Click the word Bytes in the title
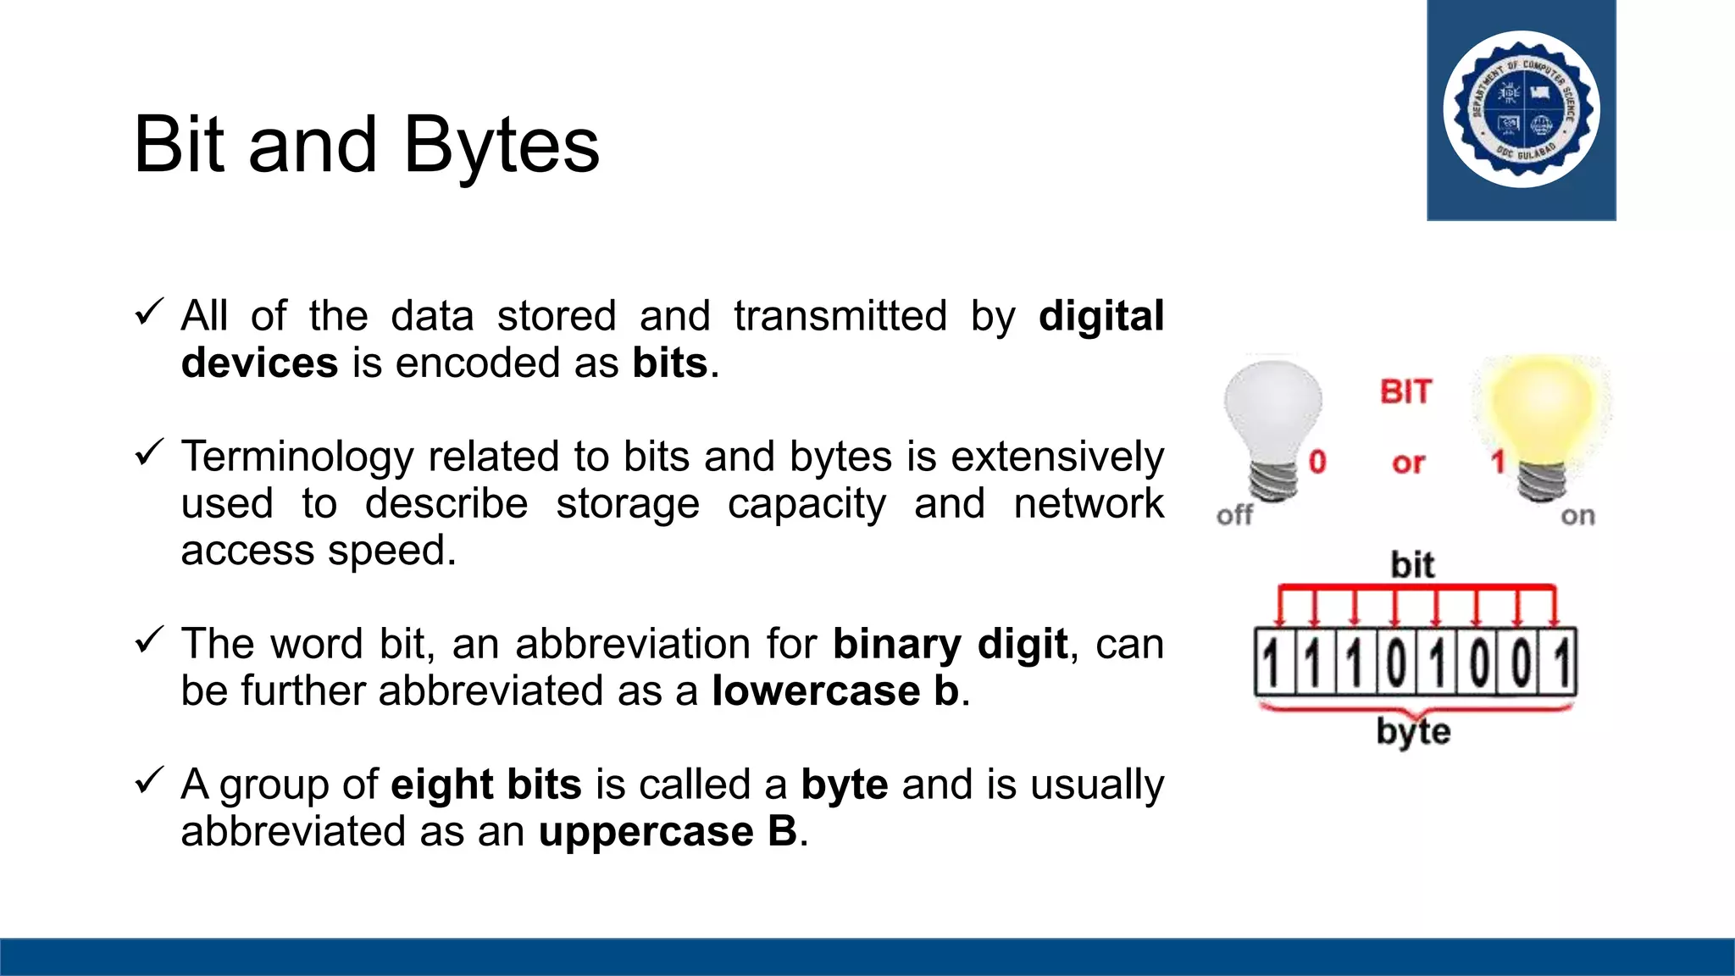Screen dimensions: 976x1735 pyautogui.click(x=502, y=146)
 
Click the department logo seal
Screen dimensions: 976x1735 pyautogui.click(x=1522, y=110)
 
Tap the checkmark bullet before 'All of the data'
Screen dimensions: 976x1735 pyautogui.click(x=148, y=313)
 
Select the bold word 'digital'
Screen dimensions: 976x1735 pyautogui.click(x=1100, y=317)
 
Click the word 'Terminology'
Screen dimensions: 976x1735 pyautogui.click(x=297, y=457)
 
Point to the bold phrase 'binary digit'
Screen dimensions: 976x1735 pyautogui.click(x=949, y=644)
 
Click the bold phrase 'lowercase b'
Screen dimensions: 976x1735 pyautogui.click(x=835, y=691)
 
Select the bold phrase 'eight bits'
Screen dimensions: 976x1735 pyautogui.click(x=486, y=785)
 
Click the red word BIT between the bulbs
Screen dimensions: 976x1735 pyautogui.click(x=1406, y=392)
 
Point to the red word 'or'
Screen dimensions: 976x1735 pyautogui.click(x=1408, y=463)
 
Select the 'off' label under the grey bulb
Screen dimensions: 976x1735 pyautogui.click(x=1234, y=515)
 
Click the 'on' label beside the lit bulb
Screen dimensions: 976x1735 pyautogui.click(x=1577, y=516)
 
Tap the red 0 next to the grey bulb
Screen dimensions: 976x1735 pyautogui.click(x=1317, y=462)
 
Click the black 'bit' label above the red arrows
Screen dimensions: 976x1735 pyautogui.click(x=1412, y=565)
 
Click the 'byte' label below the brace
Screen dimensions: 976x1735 pyautogui.click(x=1413, y=731)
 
